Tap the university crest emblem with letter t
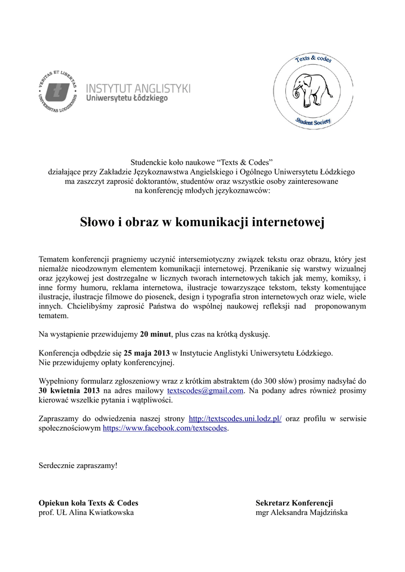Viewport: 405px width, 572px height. [x=58, y=90]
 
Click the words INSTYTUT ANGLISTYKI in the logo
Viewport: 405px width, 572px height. [x=138, y=88]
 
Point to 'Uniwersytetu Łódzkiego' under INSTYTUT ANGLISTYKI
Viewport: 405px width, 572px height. [x=126, y=98]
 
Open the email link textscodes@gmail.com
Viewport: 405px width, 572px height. [x=205, y=390]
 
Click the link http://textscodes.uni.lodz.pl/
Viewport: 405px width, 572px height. [x=236, y=418]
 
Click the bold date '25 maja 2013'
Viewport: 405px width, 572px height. [x=147, y=353]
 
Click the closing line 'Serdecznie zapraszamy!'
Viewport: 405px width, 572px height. [x=78, y=465]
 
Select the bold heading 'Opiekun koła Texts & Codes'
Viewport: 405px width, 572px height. [x=88, y=503]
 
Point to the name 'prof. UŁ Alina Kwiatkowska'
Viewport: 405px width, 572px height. [x=86, y=512]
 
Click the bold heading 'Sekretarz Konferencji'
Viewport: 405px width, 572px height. [x=294, y=503]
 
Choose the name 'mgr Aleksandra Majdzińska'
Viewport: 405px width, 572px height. [x=302, y=512]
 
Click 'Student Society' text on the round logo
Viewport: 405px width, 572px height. [x=313, y=121]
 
